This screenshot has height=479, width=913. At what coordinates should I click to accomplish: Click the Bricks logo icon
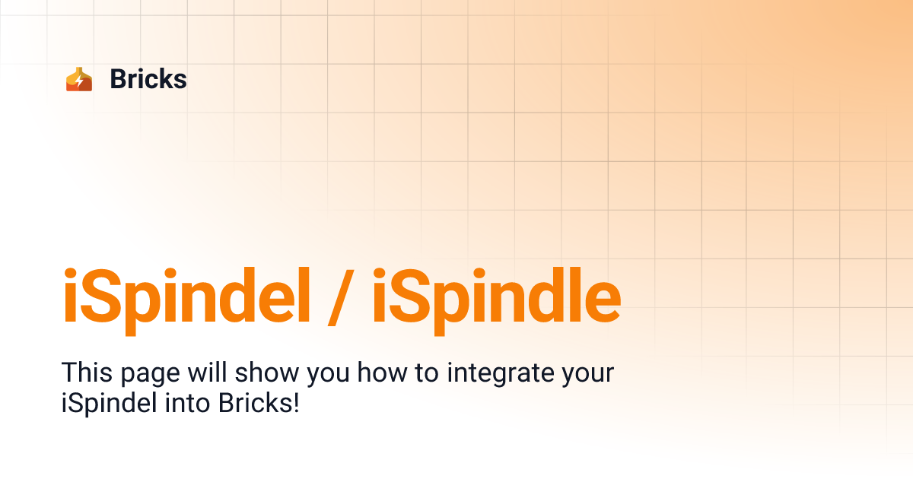click(x=79, y=79)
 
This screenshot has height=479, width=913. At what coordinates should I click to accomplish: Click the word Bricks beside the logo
click(x=148, y=79)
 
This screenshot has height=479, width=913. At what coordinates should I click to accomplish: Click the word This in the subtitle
click(x=85, y=373)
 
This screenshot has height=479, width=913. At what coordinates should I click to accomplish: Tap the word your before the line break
click(x=585, y=376)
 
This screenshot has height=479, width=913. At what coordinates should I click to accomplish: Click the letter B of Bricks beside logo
click(x=119, y=79)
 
